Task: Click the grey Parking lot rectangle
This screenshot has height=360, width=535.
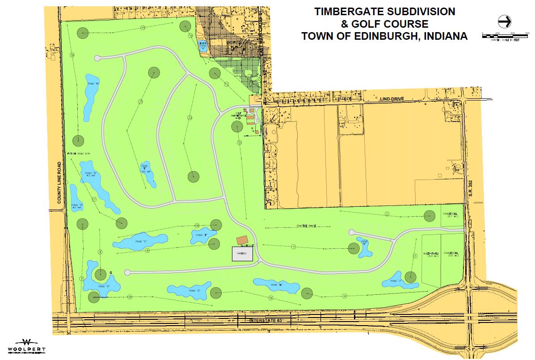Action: point(242,253)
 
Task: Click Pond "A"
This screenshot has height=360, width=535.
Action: point(90,94)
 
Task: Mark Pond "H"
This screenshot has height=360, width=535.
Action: point(276,285)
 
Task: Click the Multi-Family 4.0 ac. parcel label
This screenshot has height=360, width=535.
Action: point(431,255)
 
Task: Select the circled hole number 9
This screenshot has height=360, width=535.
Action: point(147,251)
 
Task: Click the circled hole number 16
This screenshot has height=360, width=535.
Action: point(72,55)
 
